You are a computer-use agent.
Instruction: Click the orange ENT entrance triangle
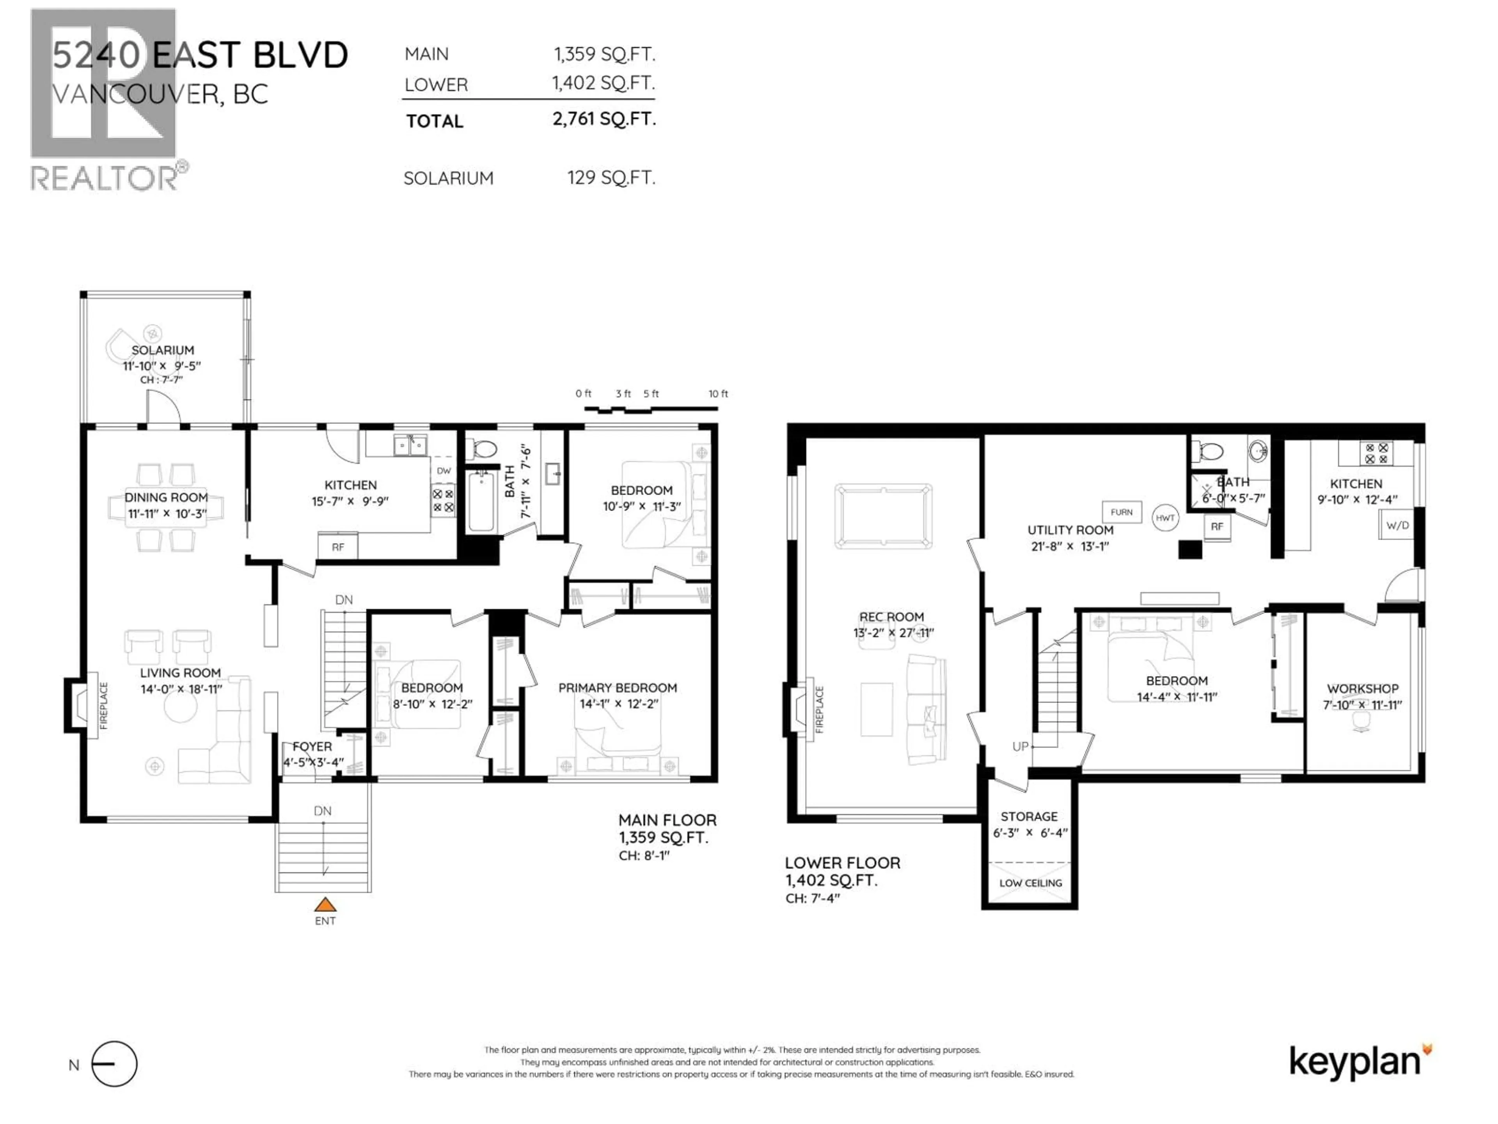[325, 905]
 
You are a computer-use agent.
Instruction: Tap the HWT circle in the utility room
[1165, 518]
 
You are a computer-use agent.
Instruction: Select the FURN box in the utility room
[1122, 512]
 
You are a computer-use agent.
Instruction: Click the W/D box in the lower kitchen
[1397, 525]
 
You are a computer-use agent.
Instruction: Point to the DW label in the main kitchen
[444, 471]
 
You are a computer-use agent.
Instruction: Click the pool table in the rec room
[883, 515]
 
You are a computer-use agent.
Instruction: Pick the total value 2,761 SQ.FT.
[604, 119]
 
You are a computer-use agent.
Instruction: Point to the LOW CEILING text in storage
[1030, 883]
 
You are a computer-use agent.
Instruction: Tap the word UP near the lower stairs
[1020, 747]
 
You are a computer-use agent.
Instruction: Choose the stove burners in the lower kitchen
[1376, 453]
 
